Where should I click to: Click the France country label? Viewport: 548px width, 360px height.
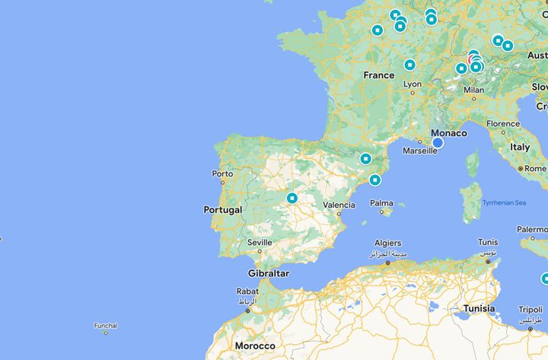point(378,75)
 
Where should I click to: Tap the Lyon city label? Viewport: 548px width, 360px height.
point(412,84)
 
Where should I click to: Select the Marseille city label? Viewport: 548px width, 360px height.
point(420,151)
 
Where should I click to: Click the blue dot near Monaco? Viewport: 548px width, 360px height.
point(438,142)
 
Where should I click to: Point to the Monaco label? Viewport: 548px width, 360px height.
point(449,132)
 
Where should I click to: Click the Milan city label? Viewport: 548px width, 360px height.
point(473,89)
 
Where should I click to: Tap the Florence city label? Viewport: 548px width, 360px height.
point(503,123)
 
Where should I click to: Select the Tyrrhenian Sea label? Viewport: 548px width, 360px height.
point(504,202)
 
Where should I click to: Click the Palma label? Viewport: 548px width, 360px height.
point(381,203)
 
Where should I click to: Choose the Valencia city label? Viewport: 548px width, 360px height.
point(339,205)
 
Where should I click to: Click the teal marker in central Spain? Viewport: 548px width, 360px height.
point(292,199)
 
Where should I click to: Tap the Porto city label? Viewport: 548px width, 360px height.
point(222,174)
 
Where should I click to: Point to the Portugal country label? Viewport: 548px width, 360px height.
point(223,209)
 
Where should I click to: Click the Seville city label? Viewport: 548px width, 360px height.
point(260,243)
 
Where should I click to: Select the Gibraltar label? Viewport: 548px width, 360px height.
point(268,273)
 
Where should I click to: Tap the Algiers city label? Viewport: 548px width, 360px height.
point(387,244)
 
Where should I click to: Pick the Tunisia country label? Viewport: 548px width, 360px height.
point(479,308)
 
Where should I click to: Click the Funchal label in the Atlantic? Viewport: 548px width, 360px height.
point(106,325)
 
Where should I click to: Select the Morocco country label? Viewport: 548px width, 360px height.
point(254,346)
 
